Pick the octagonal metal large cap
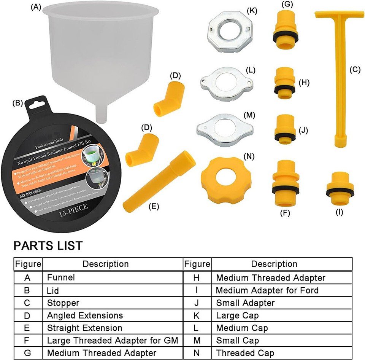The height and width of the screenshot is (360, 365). pyautogui.click(x=230, y=33)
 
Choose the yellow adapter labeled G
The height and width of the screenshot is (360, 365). pyautogui.click(x=285, y=31)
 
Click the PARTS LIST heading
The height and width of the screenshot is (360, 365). pyautogui.click(x=48, y=245)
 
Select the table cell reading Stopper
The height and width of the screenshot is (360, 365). pyautogui.click(x=63, y=303)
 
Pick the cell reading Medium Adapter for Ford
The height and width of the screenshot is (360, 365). pyautogui.click(x=267, y=290)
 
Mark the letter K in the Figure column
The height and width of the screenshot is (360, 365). pyautogui.click(x=197, y=315)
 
